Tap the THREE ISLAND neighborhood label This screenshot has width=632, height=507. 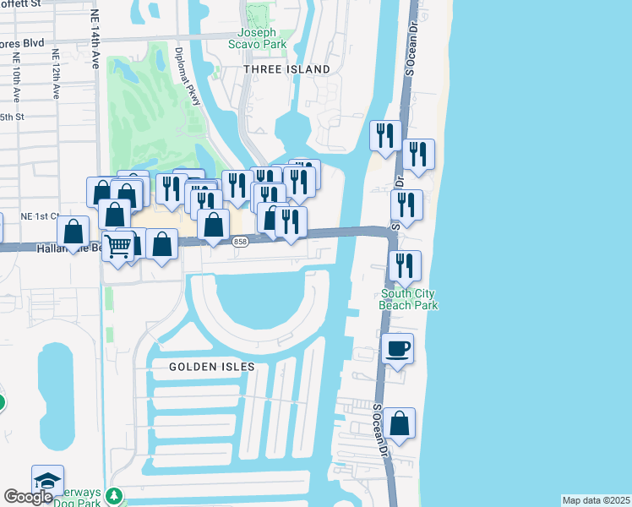tap(286, 69)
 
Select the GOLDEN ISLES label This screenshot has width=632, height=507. tap(211, 367)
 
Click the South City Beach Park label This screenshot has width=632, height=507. tap(410, 299)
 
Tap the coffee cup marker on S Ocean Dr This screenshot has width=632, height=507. tap(397, 348)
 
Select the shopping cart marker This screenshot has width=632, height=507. tap(119, 247)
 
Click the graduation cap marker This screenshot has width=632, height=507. tap(48, 480)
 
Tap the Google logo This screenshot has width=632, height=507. tap(27, 497)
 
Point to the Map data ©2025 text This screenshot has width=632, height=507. tap(596, 500)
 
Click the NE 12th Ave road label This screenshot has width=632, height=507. tap(57, 74)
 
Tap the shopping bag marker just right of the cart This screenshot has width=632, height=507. tap(161, 244)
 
